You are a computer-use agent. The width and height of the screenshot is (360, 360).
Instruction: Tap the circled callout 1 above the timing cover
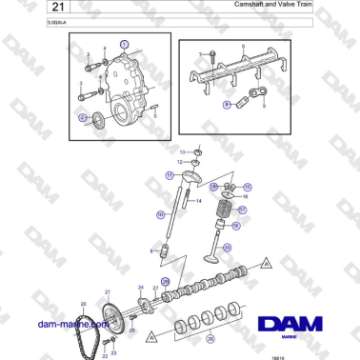pyautogui.click(x=123, y=44)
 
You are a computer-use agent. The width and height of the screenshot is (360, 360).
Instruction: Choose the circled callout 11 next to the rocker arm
pyautogui.click(x=170, y=175)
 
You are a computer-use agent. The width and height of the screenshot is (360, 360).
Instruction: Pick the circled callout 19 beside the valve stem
pyautogui.click(x=236, y=227)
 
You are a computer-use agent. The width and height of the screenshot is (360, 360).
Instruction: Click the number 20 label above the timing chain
pyautogui.click(x=83, y=304)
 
